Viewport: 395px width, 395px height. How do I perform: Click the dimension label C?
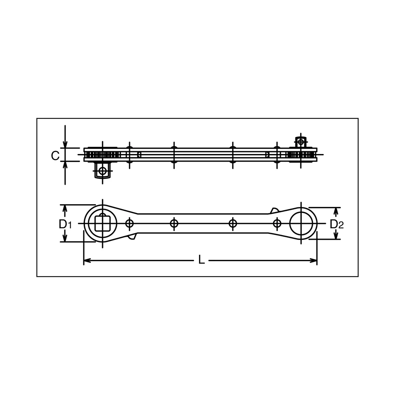click(x=55, y=155)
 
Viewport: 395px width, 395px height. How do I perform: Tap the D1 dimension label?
click(x=65, y=224)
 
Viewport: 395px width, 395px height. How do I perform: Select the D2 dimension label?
click(x=337, y=224)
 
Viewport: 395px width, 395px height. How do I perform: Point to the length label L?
click(x=201, y=260)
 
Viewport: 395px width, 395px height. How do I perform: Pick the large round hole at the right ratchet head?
click(x=301, y=223)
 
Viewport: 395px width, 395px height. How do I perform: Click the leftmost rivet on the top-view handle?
click(x=129, y=223)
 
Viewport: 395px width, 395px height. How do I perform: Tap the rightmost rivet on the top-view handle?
click(x=277, y=223)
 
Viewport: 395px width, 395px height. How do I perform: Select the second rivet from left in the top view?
click(x=174, y=223)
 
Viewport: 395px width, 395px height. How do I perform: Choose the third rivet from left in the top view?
click(x=233, y=223)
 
